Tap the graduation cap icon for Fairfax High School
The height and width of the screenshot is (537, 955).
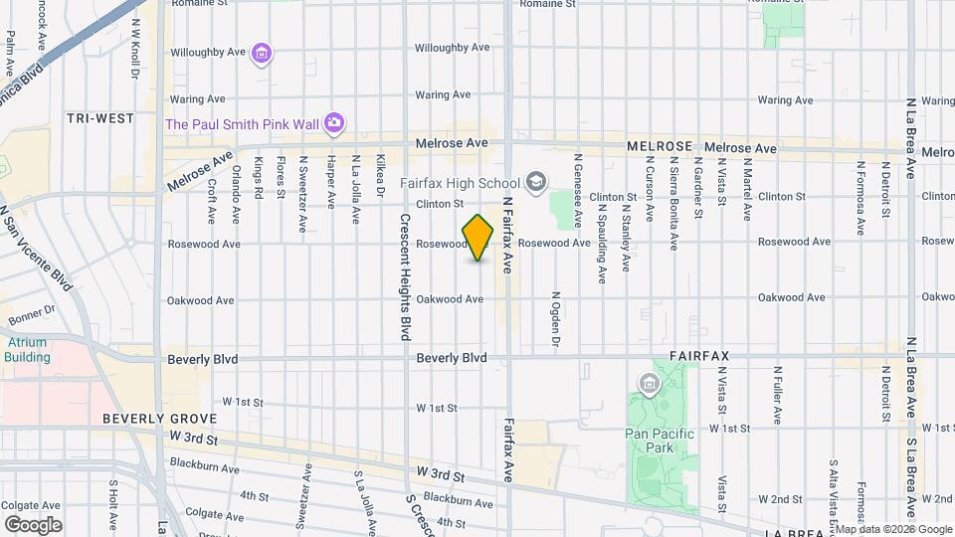pyautogui.click(x=536, y=181)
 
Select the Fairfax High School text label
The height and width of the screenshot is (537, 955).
pyautogui.click(x=460, y=183)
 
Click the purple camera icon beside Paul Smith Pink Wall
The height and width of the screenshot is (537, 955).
pyautogui.click(x=334, y=122)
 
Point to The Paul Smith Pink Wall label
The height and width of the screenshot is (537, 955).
pyautogui.click(x=242, y=123)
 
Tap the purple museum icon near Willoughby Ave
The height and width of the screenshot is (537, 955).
pyautogui.click(x=262, y=53)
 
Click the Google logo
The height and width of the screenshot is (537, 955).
pyautogui.click(x=33, y=524)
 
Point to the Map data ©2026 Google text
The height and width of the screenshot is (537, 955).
pyautogui.click(x=892, y=529)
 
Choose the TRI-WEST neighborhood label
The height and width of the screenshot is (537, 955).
pyautogui.click(x=100, y=118)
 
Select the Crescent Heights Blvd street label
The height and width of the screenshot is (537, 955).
pyautogui.click(x=406, y=277)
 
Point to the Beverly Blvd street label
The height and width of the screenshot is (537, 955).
pyautogui.click(x=452, y=357)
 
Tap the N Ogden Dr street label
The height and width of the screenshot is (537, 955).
pyautogui.click(x=557, y=319)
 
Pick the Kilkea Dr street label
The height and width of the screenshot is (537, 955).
pyautogui.click(x=380, y=176)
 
